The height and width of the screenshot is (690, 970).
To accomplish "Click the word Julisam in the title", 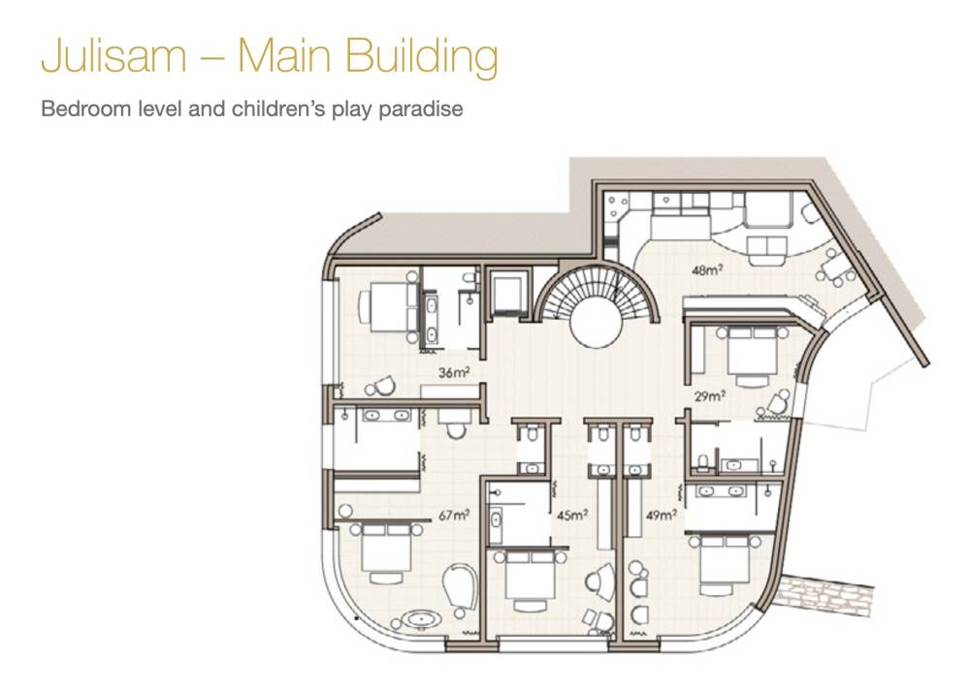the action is click(x=113, y=55).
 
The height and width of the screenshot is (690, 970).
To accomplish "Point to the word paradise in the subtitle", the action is click(x=421, y=110).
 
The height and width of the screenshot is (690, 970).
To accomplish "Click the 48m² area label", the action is click(x=708, y=269).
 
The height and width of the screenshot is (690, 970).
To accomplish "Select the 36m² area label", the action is click(x=454, y=372).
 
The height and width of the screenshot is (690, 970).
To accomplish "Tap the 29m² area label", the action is click(x=710, y=395).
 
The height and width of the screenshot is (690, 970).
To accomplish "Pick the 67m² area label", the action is click(x=454, y=515).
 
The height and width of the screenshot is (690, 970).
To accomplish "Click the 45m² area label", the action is click(x=572, y=515).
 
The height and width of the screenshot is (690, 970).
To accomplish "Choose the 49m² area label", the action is click(x=662, y=515).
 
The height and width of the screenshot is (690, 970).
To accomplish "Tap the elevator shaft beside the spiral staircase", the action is click(x=507, y=295).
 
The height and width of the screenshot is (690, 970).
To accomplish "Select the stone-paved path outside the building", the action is click(x=825, y=595).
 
